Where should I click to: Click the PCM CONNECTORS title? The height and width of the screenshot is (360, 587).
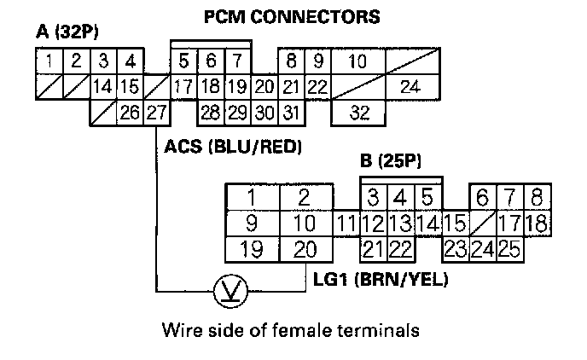(292, 16)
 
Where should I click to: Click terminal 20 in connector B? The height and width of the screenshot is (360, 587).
(305, 250)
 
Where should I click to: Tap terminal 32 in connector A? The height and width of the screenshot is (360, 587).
(358, 113)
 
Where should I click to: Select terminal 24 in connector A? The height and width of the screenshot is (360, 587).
(410, 87)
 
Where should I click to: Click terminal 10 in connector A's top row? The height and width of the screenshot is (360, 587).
(358, 61)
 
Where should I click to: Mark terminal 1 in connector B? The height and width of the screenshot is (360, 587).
(252, 198)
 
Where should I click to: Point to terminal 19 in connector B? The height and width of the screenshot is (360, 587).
(252, 250)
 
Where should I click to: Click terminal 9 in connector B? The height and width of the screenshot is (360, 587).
(252, 224)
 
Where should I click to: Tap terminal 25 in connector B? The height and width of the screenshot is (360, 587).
(510, 250)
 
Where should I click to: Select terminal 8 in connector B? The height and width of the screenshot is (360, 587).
(536, 198)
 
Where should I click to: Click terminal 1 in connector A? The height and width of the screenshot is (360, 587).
(50, 61)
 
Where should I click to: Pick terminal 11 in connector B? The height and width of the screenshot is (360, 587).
(345, 224)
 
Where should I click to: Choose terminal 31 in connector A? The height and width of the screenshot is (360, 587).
(292, 113)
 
